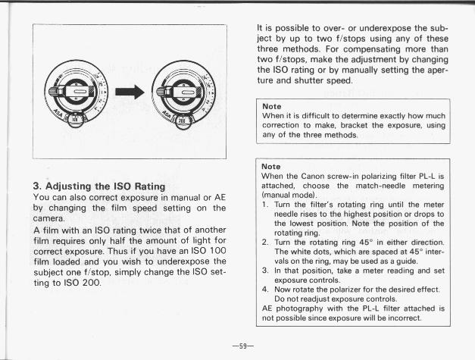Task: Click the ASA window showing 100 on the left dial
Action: tap(72, 120)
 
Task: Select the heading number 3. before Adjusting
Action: tap(37, 184)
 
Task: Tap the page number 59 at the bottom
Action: tap(241, 345)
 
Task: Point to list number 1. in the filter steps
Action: tap(265, 204)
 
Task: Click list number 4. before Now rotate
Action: tap(265, 290)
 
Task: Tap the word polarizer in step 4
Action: tap(343, 290)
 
